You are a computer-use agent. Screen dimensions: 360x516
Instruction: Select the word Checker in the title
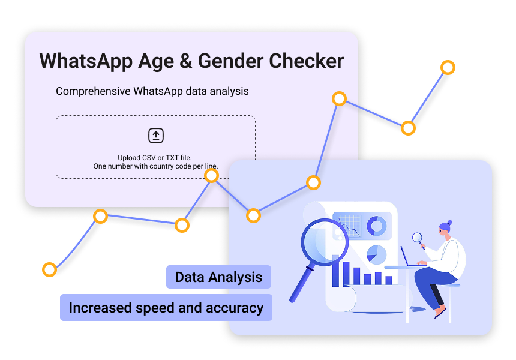[x=307, y=61]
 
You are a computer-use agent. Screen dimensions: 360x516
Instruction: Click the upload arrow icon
[x=156, y=136]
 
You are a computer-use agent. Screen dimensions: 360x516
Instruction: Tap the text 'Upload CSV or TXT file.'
[x=155, y=157]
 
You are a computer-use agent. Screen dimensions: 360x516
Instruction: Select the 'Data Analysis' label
[x=218, y=277]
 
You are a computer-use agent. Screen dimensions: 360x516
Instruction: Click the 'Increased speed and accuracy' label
[x=166, y=308]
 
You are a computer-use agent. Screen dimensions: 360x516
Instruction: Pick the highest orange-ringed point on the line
[x=448, y=67]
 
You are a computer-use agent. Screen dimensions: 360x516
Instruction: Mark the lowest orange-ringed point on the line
[x=49, y=269]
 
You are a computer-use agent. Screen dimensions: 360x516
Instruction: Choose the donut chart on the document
[x=377, y=226]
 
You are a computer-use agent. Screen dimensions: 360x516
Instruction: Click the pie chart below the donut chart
[x=376, y=253]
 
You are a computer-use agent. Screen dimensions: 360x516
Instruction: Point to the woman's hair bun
[x=449, y=223]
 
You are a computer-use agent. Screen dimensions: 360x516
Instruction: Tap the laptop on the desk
[x=410, y=256]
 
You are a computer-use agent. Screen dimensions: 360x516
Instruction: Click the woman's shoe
[x=440, y=312]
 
